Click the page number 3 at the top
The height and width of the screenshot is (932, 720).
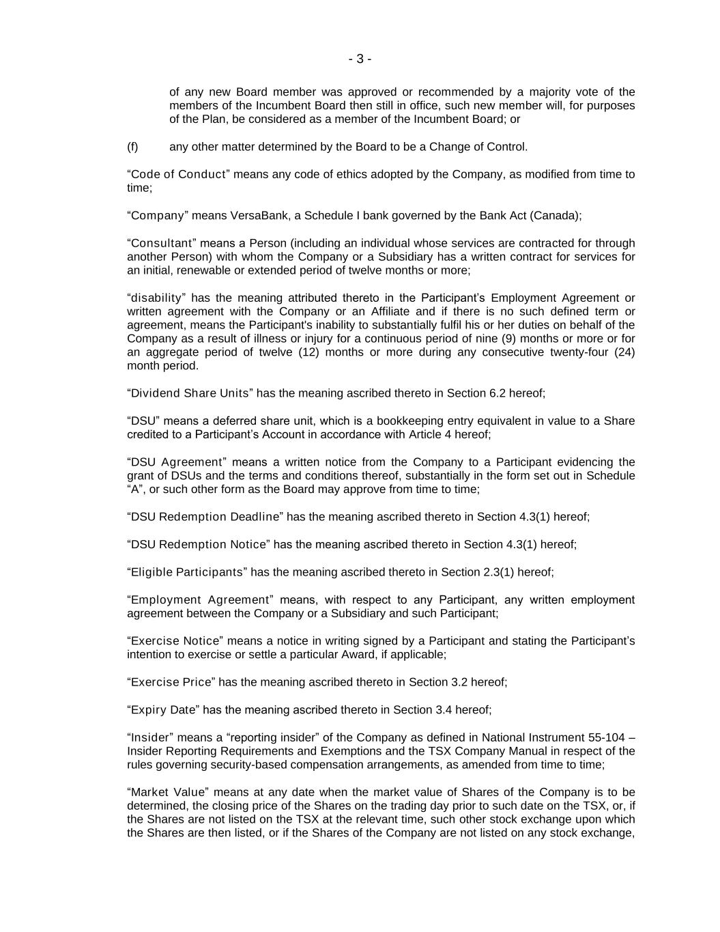360,59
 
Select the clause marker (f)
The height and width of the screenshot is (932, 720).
132,147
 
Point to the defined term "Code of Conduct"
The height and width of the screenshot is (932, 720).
178,174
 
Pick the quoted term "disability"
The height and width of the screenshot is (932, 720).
156,298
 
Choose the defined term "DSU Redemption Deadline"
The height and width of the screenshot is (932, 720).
205,517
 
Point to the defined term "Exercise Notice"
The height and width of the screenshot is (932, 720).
175,641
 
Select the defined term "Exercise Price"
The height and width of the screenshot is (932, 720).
171,682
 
